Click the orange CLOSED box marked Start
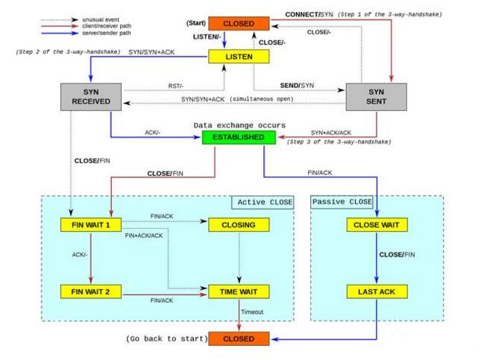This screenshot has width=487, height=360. pyautogui.click(x=238, y=24)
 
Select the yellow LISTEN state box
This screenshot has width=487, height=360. pyautogui.click(x=238, y=56)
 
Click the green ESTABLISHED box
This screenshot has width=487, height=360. pyautogui.click(x=238, y=137)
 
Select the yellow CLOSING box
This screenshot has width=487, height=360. pyautogui.click(x=238, y=224)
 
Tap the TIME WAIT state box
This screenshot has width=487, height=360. pyautogui.click(x=238, y=291)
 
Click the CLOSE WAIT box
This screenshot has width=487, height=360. pyautogui.click(x=376, y=224)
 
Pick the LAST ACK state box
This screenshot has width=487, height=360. pyautogui.click(x=376, y=291)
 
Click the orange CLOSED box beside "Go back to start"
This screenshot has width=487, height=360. pyautogui.click(x=238, y=339)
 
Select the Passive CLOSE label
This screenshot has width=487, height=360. pyautogui.click(x=342, y=202)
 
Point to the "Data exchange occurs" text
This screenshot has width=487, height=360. pyautogui.click(x=239, y=124)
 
